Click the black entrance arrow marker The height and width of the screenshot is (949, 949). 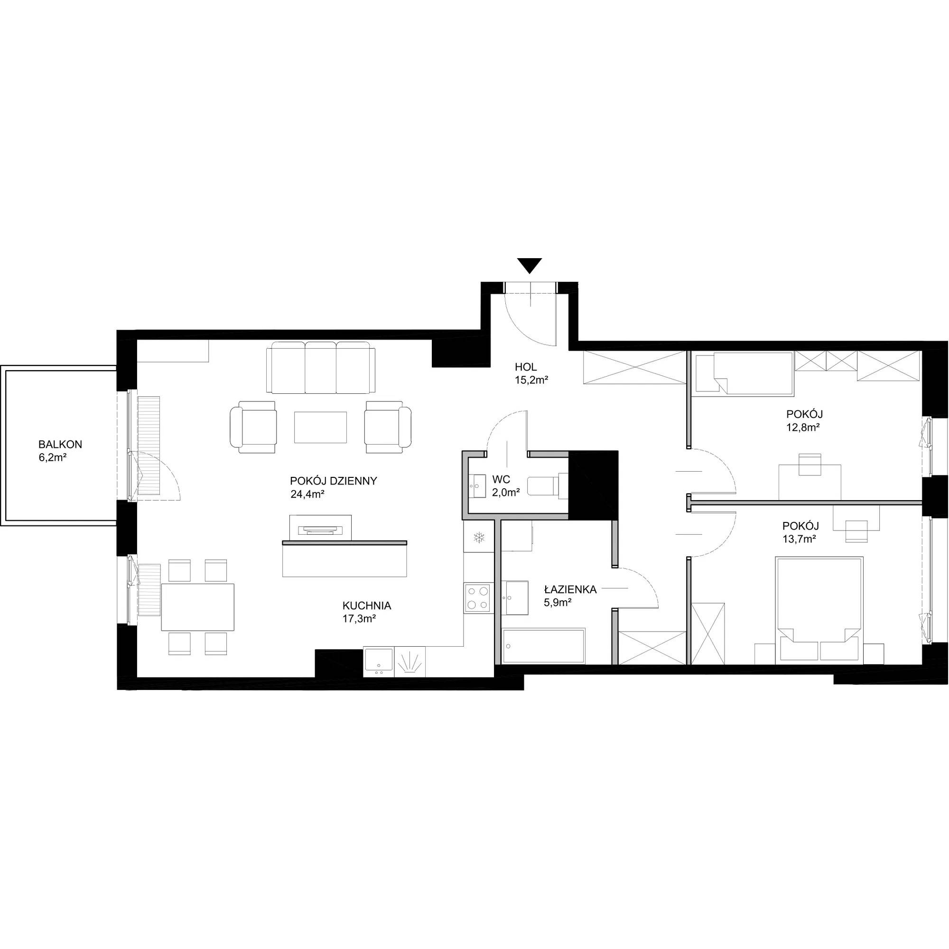(530, 265)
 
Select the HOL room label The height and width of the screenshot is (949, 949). (526, 367)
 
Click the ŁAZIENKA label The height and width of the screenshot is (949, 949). (570, 589)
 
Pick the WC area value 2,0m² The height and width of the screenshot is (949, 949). (506, 492)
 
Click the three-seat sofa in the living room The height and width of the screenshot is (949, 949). (320, 367)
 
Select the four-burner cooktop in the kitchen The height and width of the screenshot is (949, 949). (478, 598)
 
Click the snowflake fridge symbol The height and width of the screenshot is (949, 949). (478, 539)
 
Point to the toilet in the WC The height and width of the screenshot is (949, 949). (548, 485)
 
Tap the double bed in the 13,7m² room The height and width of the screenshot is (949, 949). (819, 610)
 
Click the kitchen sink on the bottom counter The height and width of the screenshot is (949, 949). (378, 661)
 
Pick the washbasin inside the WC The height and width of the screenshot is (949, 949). (477, 486)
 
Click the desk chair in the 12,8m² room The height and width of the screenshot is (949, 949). (810, 464)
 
